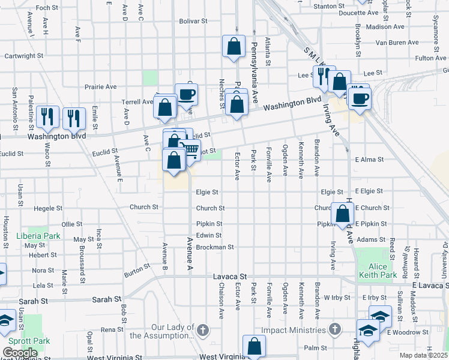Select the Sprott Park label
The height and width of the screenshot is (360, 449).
(33, 341)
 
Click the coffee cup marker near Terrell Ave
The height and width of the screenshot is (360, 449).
(186, 94)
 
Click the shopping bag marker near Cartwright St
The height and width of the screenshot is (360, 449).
(234, 46)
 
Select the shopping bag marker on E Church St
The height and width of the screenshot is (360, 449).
(342, 214)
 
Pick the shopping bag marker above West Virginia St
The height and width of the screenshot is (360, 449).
(254, 346)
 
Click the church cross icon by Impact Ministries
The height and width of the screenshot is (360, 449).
(335, 329)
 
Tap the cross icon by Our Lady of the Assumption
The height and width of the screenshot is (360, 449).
(203, 329)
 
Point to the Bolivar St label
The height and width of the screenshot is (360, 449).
(193, 20)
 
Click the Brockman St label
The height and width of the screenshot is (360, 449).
(214, 247)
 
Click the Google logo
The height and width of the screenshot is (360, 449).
(20, 353)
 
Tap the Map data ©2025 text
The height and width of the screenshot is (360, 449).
(423, 355)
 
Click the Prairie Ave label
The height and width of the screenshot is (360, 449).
(100, 86)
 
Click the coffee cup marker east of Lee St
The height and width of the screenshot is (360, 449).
(360, 98)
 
